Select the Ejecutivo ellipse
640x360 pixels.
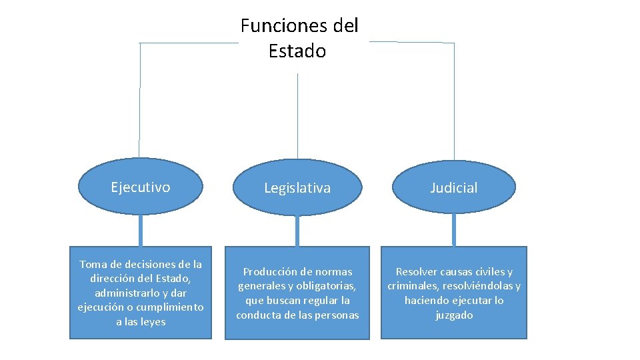[141, 187]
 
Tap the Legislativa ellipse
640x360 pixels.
[297, 188]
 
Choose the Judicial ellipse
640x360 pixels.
[453, 188]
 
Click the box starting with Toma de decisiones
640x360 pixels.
[141, 293]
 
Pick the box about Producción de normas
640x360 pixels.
[297, 293]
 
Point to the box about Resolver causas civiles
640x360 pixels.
[454, 293]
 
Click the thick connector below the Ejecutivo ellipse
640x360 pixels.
[141, 230]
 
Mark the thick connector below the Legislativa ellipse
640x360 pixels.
[297, 231]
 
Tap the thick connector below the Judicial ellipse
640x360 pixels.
[454, 231]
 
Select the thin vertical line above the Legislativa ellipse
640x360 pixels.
[297, 113]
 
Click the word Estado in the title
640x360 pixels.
[297, 51]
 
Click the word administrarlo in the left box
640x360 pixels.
[123, 293]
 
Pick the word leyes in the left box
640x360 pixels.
[151, 321]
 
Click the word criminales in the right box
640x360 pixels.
[412, 286]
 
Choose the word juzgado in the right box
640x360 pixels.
[454, 315]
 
